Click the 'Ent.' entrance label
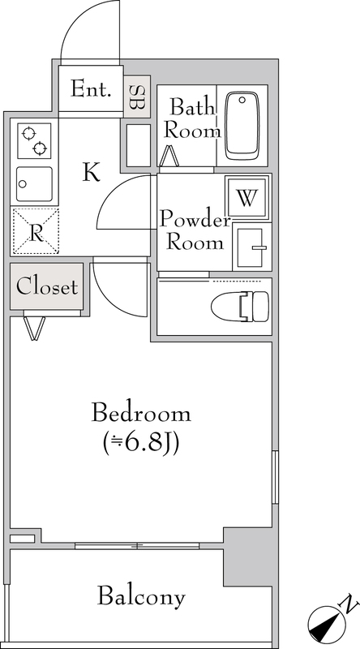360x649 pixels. pyautogui.click(x=91, y=88)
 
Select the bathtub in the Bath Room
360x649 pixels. pyautogui.click(x=242, y=126)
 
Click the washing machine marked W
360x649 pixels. pyautogui.click(x=247, y=198)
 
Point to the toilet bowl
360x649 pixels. pyautogui.click(x=240, y=307)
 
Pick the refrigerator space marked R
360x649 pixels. pyautogui.click(x=36, y=232)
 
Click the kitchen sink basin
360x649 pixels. pyautogui.click(x=35, y=184)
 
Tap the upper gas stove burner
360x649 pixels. pyautogui.click(x=28, y=134)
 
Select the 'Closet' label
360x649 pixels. pyautogui.click(x=47, y=286)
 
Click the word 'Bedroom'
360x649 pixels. pyautogui.click(x=141, y=413)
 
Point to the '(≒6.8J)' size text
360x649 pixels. pyautogui.click(x=141, y=442)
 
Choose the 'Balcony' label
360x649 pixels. pyautogui.click(x=141, y=597)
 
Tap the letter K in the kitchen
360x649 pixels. pyautogui.click(x=91, y=172)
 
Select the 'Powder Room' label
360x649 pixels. pyautogui.click(x=195, y=230)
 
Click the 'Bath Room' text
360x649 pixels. pyautogui.click(x=191, y=118)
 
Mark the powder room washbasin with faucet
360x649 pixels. pyautogui.click(x=252, y=247)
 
